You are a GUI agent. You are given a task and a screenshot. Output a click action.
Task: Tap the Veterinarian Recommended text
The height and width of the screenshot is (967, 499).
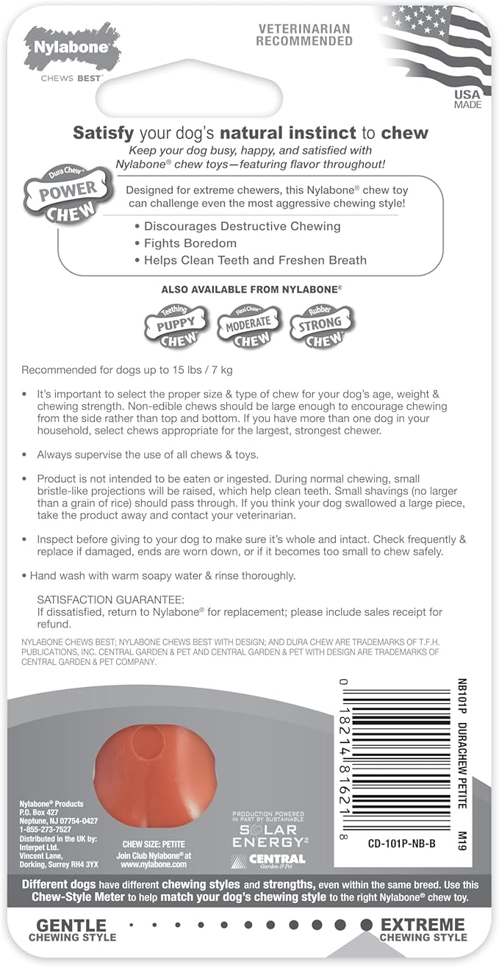click(304, 35)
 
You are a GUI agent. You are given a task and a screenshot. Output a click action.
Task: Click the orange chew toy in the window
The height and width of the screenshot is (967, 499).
click(155, 764)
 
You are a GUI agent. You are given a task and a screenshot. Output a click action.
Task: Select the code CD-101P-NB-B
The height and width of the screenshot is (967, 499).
click(401, 844)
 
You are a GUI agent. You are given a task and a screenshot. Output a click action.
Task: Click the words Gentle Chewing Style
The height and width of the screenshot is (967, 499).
click(72, 930)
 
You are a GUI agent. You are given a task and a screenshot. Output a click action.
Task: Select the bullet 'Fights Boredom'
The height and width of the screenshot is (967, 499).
click(190, 243)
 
